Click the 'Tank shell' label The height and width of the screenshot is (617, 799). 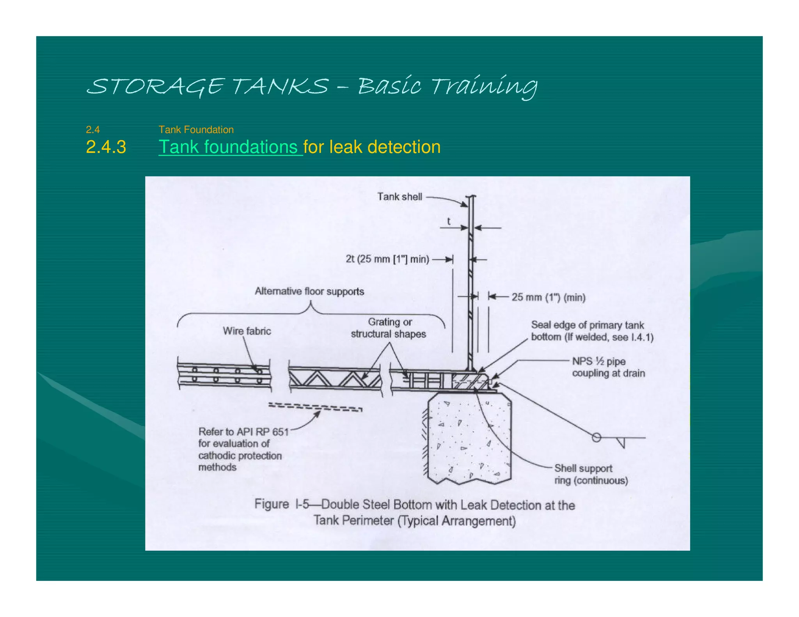click(x=399, y=197)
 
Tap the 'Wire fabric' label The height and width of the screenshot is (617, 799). click(x=247, y=331)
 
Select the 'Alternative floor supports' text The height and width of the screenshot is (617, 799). click(x=309, y=291)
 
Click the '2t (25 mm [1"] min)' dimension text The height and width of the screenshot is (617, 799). click(x=387, y=259)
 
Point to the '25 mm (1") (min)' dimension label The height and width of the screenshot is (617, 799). click(x=548, y=297)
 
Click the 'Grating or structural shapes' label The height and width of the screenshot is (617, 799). click(x=389, y=328)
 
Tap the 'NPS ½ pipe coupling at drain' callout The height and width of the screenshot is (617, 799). click(x=608, y=367)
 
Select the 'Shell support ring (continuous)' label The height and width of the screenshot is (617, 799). click(x=591, y=474)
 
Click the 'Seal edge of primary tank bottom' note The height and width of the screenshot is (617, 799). click(x=591, y=331)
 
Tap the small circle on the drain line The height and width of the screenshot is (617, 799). click(x=596, y=438)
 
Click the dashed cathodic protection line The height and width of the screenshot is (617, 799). click(x=315, y=407)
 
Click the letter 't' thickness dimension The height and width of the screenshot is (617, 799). click(x=449, y=222)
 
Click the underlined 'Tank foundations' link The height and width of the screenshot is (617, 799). click(x=230, y=147)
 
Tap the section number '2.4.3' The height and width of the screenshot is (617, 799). click(x=106, y=147)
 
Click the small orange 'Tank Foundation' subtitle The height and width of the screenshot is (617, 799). click(x=196, y=129)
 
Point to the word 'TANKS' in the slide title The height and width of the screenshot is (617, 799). click(x=280, y=86)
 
